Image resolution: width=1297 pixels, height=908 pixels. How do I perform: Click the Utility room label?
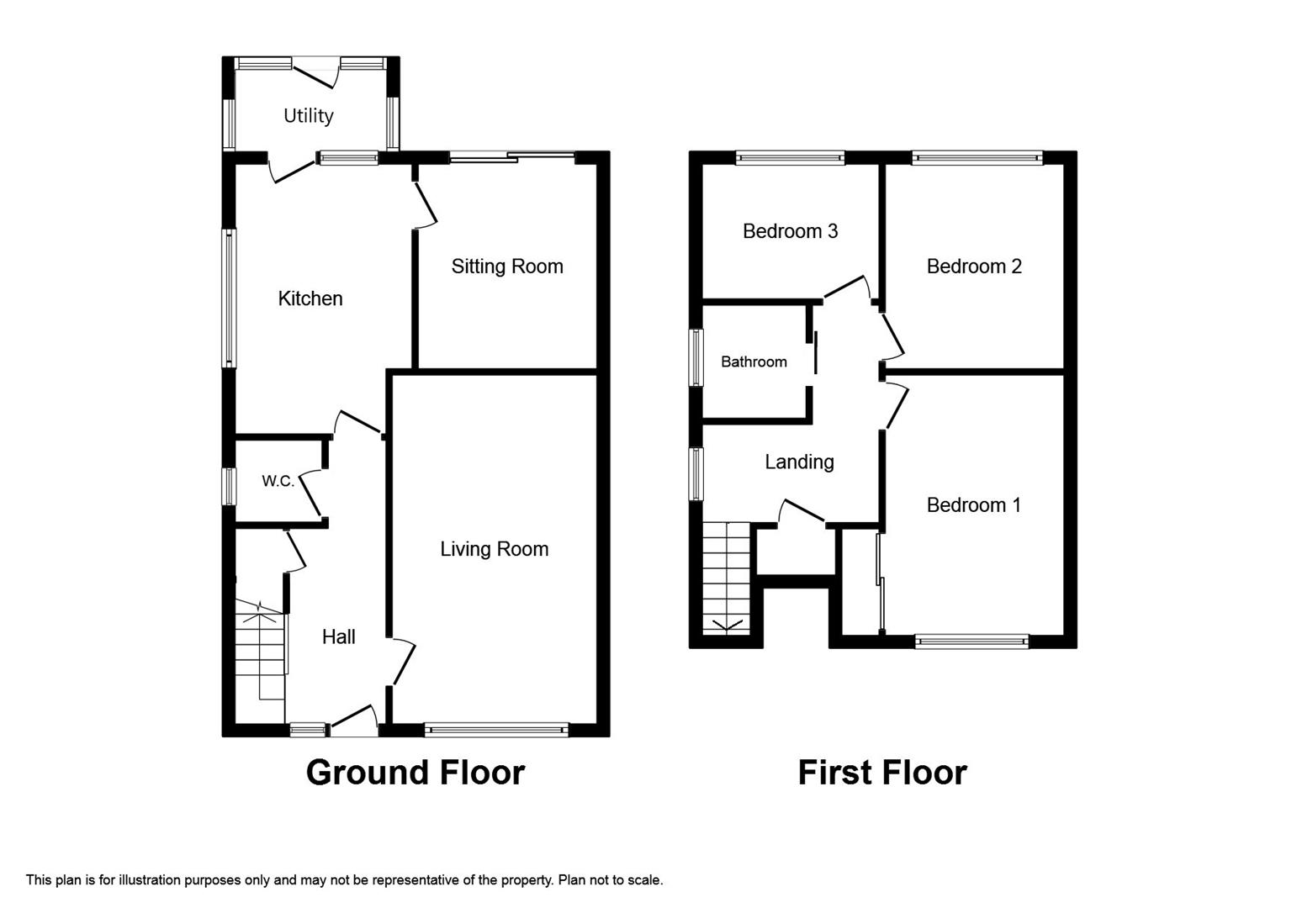click(308, 116)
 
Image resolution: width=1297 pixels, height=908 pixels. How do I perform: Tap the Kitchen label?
click(310, 298)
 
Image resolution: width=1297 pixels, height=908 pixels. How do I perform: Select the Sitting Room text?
click(507, 267)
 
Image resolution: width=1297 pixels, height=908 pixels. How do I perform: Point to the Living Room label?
click(494, 549)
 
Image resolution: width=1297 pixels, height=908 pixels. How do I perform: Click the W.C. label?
click(278, 481)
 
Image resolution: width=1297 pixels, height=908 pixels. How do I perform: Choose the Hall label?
click(339, 637)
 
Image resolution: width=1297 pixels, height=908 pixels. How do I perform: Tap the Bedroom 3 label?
click(791, 231)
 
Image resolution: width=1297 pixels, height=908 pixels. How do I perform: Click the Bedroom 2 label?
click(974, 267)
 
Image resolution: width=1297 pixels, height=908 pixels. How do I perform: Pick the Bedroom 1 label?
click(973, 505)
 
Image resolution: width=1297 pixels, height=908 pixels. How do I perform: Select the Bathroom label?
click(754, 362)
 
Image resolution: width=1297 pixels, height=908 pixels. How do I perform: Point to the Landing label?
click(800, 462)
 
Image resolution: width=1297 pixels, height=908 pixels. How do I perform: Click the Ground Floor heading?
click(416, 773)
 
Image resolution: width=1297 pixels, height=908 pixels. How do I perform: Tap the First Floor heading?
click(882, 773)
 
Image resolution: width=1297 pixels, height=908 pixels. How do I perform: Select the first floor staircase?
click(727, 578)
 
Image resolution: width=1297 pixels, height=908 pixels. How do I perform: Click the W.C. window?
click(230, 486)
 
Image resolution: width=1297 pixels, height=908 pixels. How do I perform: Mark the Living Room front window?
click(497, 731)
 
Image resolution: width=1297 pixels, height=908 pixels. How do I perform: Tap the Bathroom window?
click(696, 357)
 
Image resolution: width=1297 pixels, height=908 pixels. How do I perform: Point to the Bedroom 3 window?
click(791, 157)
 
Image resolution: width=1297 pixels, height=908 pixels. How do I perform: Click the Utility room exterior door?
click(315, 73)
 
